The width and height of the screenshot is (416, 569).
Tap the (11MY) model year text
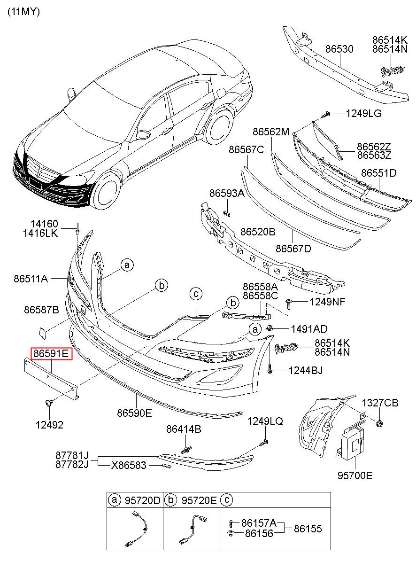23,12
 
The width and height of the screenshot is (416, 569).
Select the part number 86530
339,49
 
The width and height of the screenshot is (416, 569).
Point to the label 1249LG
364,113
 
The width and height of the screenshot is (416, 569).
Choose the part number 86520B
258,232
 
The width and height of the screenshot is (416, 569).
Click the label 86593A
227,193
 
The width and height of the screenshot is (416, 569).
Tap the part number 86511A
31,279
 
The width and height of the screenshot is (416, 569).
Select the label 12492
49,425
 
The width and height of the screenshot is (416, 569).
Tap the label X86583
129,465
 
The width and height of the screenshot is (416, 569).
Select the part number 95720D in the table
143,500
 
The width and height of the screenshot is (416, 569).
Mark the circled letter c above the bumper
196,294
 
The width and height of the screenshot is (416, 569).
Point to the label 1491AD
309,329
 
